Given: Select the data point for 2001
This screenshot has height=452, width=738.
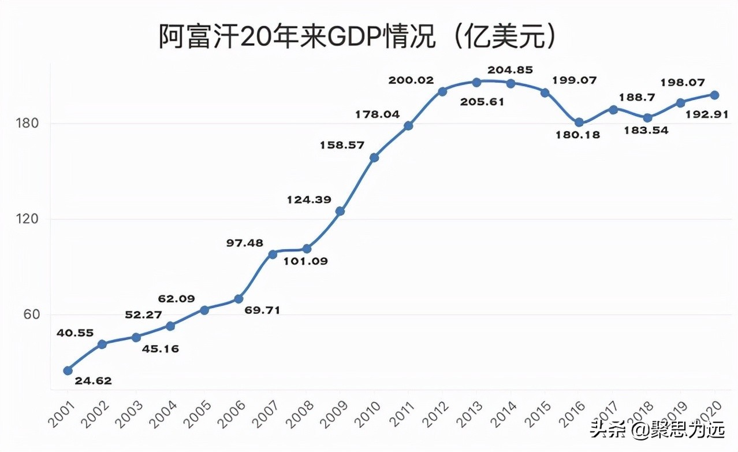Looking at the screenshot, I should tap(68, 371).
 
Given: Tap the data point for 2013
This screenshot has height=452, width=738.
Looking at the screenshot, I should tap(476, 83).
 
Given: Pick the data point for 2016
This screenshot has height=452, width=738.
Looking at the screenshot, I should tap(579, 123).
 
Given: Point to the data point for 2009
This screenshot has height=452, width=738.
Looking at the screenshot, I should tap(340, 211).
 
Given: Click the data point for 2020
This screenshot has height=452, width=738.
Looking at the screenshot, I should tap(714, 95).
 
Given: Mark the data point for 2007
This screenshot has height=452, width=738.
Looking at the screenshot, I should tap(273, 254).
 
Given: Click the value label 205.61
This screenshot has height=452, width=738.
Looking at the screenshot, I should tap(482, 102).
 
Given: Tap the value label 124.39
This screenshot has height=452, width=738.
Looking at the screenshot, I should tap(309, 200).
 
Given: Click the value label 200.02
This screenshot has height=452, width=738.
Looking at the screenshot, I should tap(411, 80).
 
